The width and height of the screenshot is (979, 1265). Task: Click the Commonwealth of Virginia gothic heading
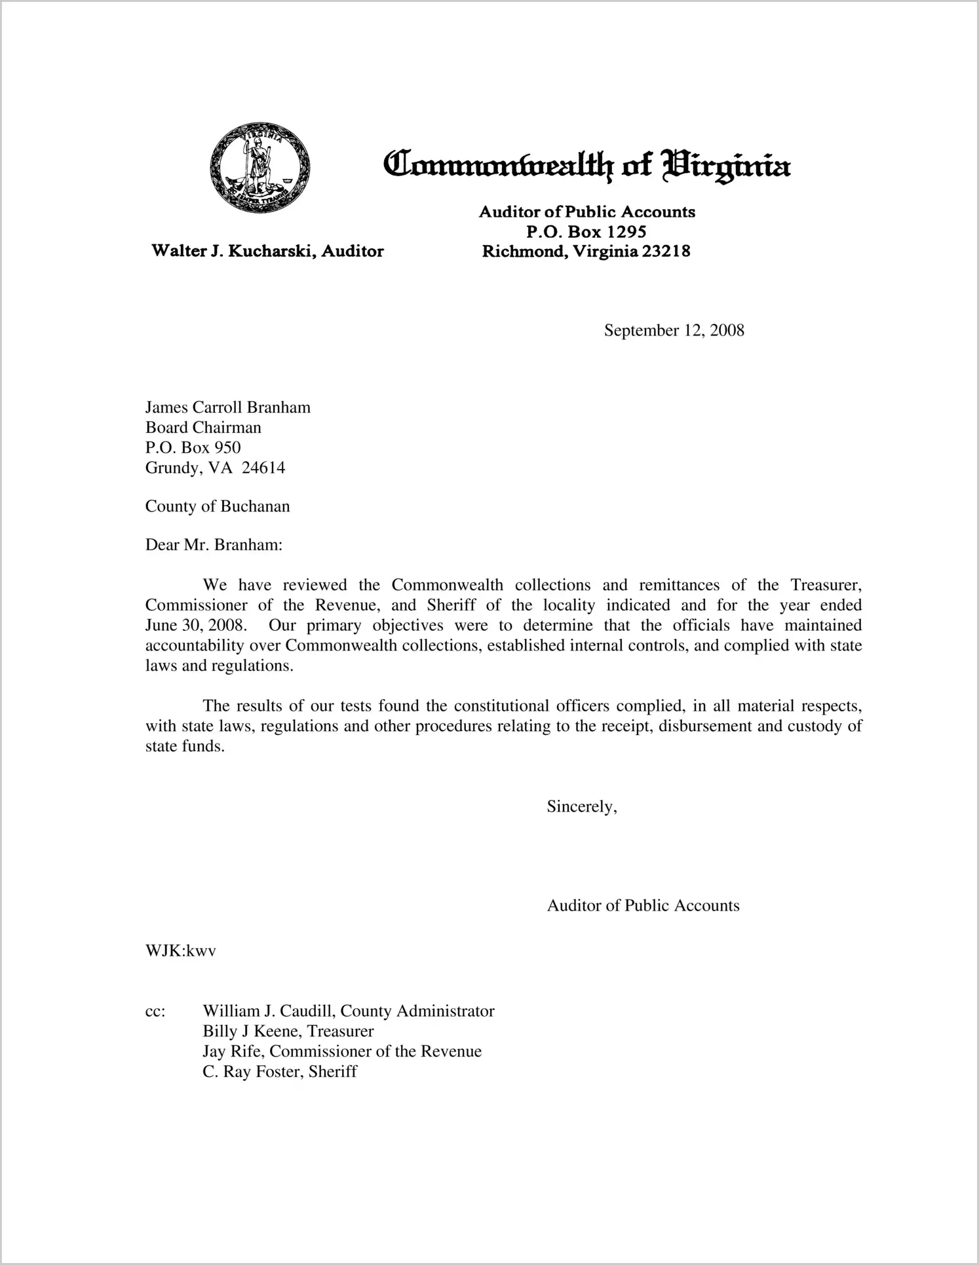click(x=586, y=165)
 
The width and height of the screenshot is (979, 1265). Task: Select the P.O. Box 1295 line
click(x=586, y=231)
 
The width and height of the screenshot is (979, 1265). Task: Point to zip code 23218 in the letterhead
click(x=666, y=251)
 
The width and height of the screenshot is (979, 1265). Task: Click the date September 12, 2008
click(x=674, y=330)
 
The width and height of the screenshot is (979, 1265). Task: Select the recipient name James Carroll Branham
click(x=227, y=407)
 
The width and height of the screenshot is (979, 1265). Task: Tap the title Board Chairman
click(x=203, y=428)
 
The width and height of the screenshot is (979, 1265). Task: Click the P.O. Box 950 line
click(x=193, y=447)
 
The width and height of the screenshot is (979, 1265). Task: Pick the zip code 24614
click(x=263, y=468)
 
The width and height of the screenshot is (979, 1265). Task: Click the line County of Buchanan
click(x=217, y=506)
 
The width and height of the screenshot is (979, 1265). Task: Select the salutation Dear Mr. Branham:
click(x=214, y=545)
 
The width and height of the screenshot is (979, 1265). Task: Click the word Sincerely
click(x=581, y=806)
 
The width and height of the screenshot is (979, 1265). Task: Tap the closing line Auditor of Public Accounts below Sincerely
click(x=643, y=905)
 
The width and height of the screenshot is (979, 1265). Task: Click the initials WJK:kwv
click(x=180, y=951)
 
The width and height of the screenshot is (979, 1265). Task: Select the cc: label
click(x=155, y=1011)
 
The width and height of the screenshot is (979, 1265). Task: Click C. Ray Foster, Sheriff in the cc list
click(x=280, y=1072)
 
